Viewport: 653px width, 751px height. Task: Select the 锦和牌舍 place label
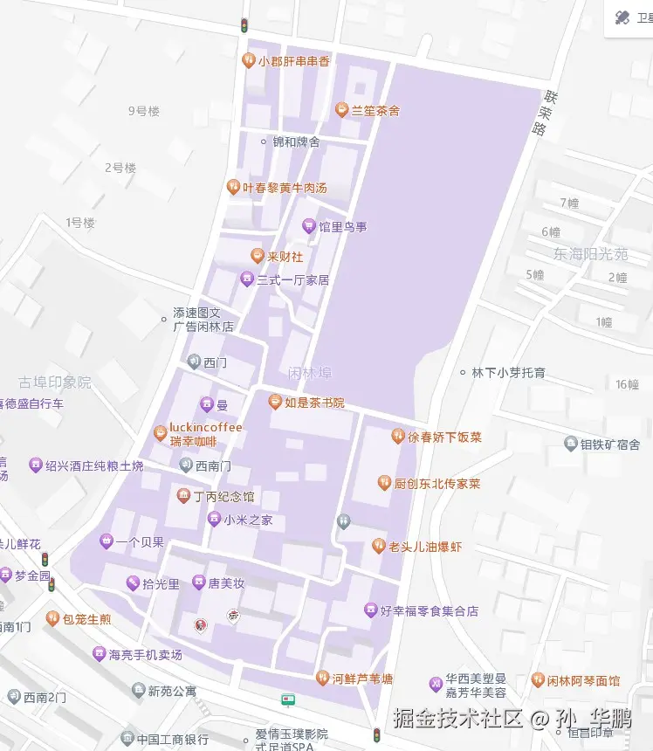[296, 141]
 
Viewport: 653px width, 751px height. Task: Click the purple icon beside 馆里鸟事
[308, 227]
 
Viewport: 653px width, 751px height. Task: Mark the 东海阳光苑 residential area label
[590, 254]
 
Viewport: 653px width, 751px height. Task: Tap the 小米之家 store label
[248, 520]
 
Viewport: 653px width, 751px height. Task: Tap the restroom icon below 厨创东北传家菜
[344, 521]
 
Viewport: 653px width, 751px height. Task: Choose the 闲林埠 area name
[310, 373]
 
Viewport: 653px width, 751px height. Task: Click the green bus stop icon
[288, 699]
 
